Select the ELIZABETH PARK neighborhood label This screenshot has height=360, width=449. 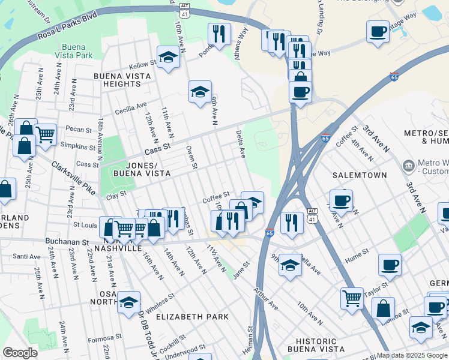(x=193, y=316)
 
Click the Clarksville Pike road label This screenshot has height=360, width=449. (x=73, y=178)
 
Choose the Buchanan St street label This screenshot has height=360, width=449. (x=67, y=242)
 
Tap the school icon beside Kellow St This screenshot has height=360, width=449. (x=168, y=58)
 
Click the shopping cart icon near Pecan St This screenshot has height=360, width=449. (x=45, y=134)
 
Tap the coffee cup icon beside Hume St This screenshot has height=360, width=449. (x=390, y=265)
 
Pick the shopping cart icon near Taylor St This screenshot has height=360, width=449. (x=352, y=298)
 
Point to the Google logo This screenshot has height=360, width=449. (x=20, y=353)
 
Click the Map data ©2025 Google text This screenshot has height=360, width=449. (x=412, y=355)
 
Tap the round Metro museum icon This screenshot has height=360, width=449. (x=408, y=164)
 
